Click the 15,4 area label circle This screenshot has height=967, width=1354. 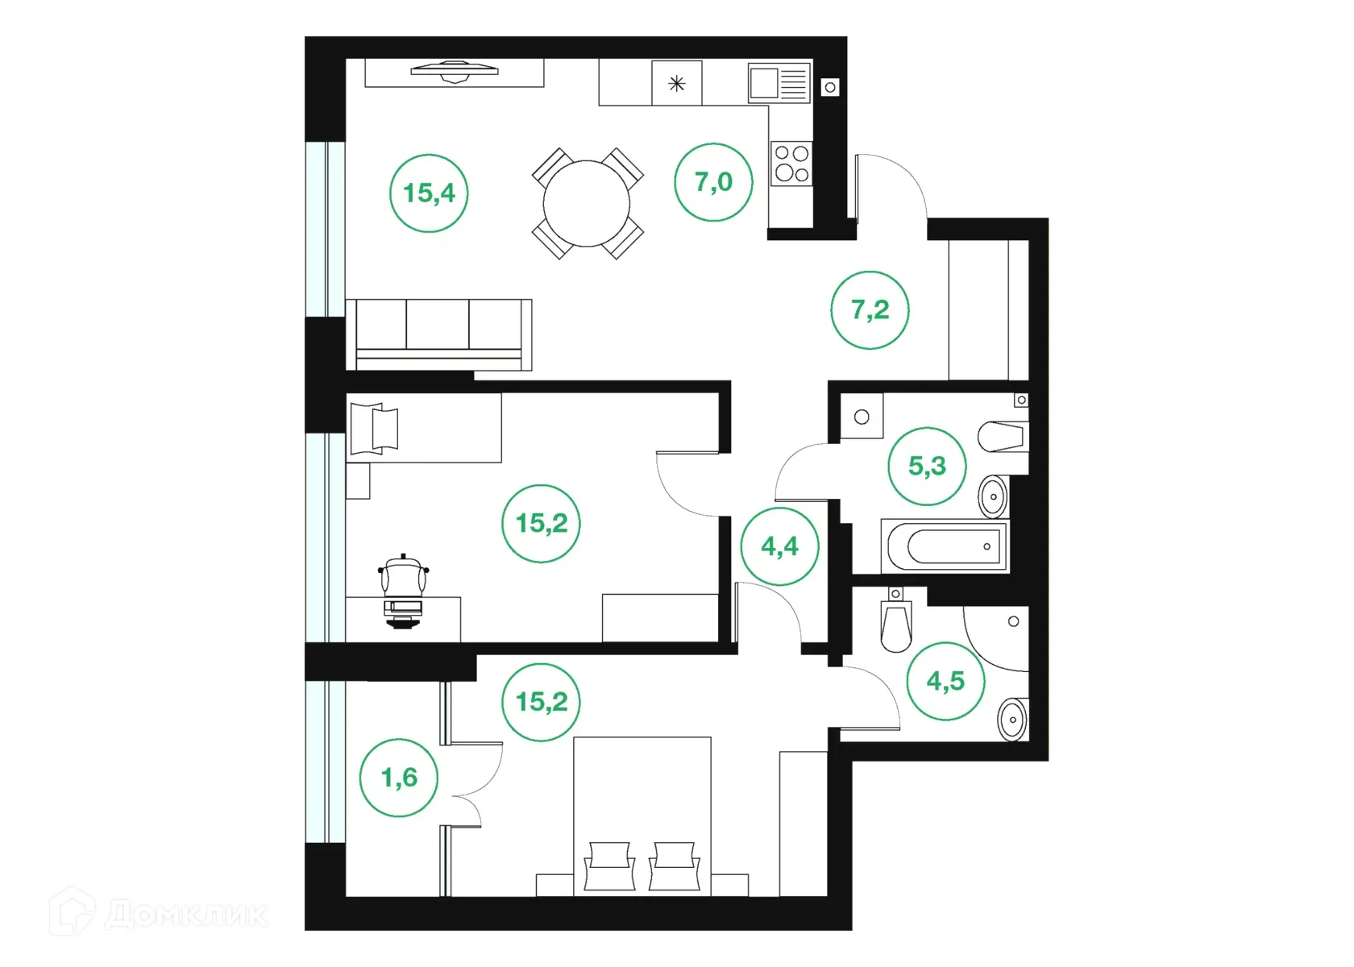coord(429,193)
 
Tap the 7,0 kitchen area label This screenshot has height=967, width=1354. coord(713,182)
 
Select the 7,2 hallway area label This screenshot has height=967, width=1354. coord(870,310)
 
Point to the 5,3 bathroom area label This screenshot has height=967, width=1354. coord(927,466)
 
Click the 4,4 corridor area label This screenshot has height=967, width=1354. coord(779,546)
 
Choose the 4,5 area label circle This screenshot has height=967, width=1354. coord(945,682)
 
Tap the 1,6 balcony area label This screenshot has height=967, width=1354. coord(399,778)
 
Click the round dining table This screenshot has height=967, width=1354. coord(587,203)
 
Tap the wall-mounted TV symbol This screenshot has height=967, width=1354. coord(454,72)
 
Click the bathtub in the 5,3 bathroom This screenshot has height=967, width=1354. coord(945,546)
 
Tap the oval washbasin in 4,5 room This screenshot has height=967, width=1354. coord(1011,718)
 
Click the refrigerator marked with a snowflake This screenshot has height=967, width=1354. coord(677,83)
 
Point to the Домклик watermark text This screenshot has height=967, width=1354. coord(185,915)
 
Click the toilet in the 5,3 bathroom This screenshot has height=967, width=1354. coord(1002,437)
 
